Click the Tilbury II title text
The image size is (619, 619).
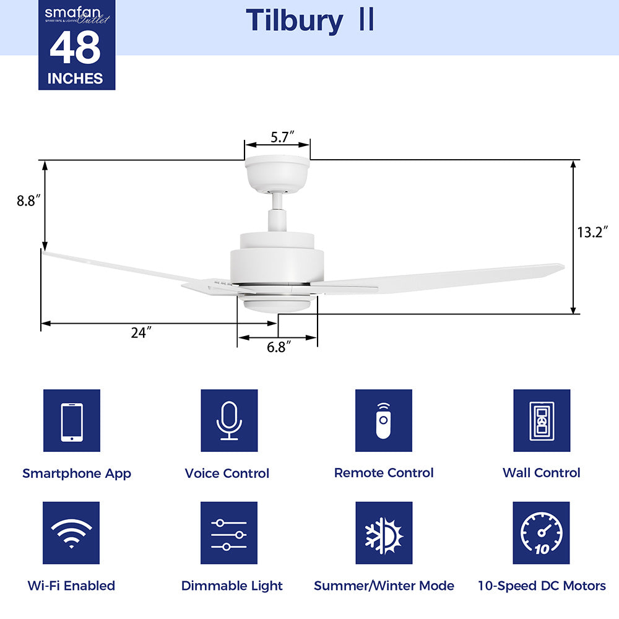click(x=309, y=21)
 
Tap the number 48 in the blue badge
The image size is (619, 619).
click(x=76, y=48)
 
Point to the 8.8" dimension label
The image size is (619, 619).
click(x=28, y=201)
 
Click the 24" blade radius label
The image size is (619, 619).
click(x=141, y=333)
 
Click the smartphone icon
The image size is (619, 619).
click(x=72, y=421)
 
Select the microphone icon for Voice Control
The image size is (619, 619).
click(x=229, y=421)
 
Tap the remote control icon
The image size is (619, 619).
click(x=384, y=421)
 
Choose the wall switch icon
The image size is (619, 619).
click(x=542, y=421)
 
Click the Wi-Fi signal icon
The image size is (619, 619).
click(x=72, y=533)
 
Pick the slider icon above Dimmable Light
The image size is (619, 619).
click(x=229, y=533)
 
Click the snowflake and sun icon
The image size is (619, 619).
click(x=384, y=533)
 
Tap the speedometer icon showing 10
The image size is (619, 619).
click(x=542, y=533)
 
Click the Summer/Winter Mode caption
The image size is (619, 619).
click(x=384, y=586)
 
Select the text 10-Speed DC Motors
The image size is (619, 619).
click(x=542, y=586)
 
